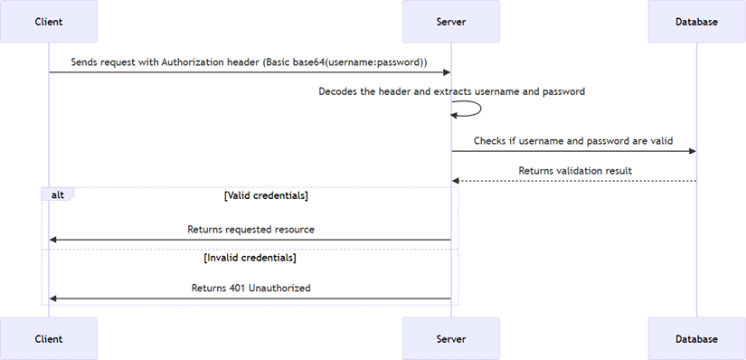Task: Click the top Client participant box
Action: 49,21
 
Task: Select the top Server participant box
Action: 451,21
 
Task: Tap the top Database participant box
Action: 696,21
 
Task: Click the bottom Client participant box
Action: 49,338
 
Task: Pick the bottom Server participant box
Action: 451,338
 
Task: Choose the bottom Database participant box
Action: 696,338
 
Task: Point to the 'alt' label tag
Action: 57,194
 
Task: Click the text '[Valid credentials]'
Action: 266,194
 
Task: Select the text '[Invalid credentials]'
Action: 250,258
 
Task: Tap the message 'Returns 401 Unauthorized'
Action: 250,288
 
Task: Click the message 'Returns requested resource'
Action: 250,230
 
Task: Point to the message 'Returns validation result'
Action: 575,170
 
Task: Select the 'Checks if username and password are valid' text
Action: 573,140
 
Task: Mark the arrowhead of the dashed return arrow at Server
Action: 456,181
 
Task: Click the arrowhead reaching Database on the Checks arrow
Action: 692,151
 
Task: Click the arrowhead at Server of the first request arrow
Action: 446,71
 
